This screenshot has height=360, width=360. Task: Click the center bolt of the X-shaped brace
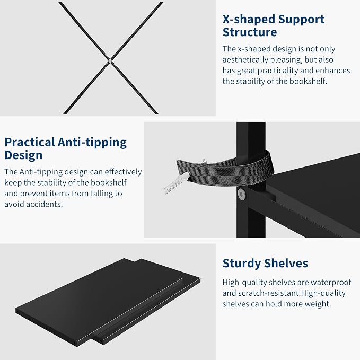pyautogui.click(x=110, y=61)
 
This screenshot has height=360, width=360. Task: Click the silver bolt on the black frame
pyautogui.click(x=241, y=194)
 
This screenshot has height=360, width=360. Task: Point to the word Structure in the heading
pyautogui.click(x=250, y=32)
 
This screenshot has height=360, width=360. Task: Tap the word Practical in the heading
pyautogui.click(x=30, y=142)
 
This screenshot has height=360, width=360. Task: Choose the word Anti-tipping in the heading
pyautogui.click(x=92, y=143)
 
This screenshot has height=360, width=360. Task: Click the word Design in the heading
pyautogui.click(x=23, y=155)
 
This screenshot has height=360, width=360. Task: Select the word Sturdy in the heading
pyautogui.click(x=242, y=264)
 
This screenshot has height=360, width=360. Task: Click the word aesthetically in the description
pyautogui.click(x=245, y=60)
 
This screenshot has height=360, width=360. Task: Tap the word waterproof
pyautogui.click(x=331, y=283)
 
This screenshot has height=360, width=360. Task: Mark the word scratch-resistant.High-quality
pyautogui.click(x=292, y=293)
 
